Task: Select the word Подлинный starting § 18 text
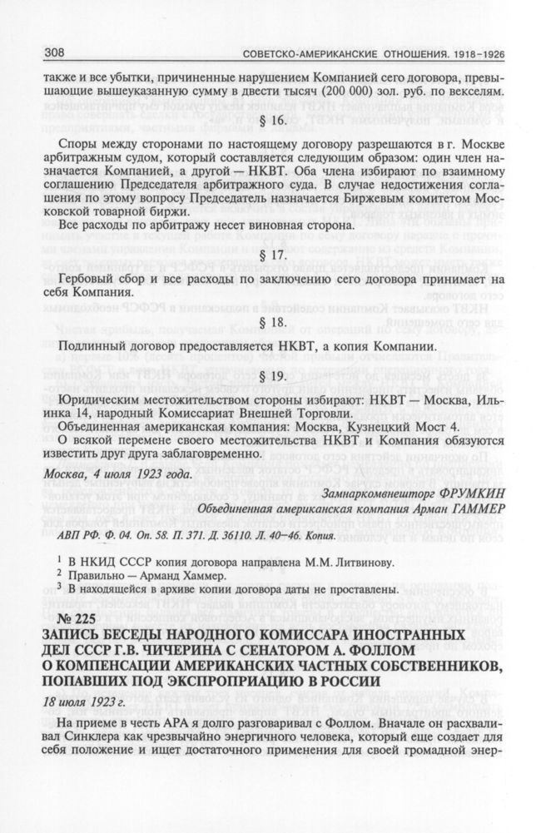(x=92, y=345)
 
